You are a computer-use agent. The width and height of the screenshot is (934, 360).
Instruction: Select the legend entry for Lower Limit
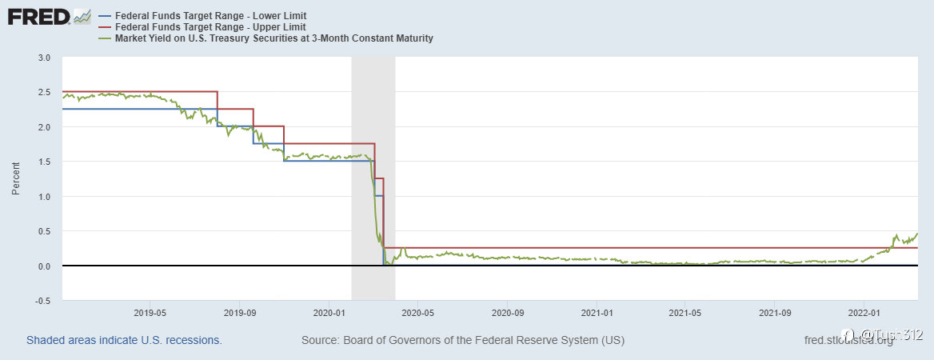211,16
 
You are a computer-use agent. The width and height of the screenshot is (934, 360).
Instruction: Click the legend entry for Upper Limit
211,27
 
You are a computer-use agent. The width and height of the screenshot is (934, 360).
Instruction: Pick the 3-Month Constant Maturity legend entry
273,38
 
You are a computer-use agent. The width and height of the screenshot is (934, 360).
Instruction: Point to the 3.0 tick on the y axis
44,58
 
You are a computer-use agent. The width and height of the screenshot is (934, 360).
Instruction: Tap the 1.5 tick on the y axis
44,162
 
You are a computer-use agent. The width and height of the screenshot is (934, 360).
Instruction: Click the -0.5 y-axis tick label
42,301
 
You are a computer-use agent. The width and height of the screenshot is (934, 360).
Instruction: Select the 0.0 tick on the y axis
44,266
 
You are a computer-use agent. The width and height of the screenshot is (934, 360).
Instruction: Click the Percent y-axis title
15,179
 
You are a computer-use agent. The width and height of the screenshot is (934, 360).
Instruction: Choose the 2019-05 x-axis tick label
150,312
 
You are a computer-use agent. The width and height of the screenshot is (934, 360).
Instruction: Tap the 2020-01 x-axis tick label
329,312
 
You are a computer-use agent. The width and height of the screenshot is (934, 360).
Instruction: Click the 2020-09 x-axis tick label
507,312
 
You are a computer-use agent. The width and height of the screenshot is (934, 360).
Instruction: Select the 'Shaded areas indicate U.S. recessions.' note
124,340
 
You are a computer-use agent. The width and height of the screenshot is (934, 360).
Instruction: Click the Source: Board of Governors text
462,340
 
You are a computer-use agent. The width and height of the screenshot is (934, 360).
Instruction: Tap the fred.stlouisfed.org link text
848,340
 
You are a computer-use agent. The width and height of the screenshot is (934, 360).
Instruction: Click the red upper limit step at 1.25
379,178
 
